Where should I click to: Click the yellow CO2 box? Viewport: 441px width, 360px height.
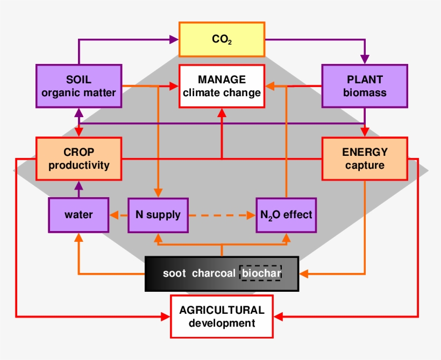[222, 39]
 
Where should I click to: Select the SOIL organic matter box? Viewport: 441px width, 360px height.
[79, 86]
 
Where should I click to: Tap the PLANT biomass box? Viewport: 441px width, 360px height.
[365, 86]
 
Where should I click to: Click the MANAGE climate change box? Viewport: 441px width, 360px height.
[222, 86]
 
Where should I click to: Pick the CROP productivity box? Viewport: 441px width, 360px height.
[79, 159]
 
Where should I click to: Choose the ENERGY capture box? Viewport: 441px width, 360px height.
[365, 159]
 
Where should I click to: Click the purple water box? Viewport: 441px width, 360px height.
[79, 215]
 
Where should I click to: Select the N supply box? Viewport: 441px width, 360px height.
[158, 215]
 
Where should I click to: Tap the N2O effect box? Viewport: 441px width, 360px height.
[286, 215]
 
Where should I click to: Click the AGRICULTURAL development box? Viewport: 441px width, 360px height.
[222, 316]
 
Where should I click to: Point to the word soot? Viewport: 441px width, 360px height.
[174, 273]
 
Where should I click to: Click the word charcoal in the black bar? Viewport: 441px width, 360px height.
[214, 273]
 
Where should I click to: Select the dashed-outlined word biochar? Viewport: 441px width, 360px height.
[261, 273]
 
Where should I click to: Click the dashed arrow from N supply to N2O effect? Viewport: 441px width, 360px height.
[222, 215]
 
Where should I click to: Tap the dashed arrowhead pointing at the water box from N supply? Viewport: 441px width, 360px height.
[113, 215]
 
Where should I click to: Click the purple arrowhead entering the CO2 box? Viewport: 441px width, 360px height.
[174, 39]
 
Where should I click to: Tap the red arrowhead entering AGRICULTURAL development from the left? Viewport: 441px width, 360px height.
[166, 316]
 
